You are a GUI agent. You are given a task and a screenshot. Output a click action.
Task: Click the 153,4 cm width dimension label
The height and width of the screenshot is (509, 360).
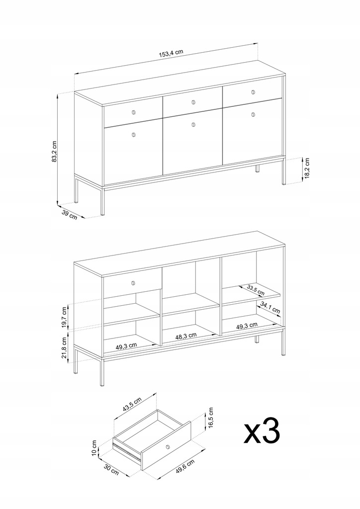coord(171,53)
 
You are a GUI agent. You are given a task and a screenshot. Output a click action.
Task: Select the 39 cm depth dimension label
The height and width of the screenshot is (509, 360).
coord(70,215)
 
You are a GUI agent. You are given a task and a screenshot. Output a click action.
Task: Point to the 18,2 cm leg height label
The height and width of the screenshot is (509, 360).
coord(307,168)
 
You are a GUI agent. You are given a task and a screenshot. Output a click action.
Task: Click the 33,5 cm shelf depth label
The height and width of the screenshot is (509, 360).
coord(256,290)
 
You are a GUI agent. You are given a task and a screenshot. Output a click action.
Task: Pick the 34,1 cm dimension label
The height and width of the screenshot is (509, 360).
coord(270,308)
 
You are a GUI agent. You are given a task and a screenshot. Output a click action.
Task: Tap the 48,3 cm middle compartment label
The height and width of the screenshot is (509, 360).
coord(186,336)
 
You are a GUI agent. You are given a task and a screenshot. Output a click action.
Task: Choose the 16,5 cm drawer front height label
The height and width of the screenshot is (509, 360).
coord(211,418)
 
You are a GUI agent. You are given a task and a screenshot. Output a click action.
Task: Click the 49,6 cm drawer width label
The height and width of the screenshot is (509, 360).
coord(185,467)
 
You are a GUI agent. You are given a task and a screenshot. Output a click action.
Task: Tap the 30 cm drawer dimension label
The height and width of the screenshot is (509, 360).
coord(111,469)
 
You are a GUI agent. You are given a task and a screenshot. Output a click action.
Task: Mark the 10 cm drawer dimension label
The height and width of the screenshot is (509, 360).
coord(94,448)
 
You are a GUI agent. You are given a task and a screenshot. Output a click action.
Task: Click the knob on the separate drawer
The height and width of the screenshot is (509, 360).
coord(168,447)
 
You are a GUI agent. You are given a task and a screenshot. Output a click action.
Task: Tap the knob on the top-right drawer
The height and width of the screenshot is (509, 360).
coord(253,92)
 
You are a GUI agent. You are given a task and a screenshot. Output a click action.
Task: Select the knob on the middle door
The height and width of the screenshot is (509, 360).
coord(193,124)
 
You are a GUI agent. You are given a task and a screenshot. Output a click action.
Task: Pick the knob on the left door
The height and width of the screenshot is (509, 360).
coord(133,135)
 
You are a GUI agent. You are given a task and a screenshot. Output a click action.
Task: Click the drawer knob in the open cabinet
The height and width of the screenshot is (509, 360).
coord(133,283)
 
